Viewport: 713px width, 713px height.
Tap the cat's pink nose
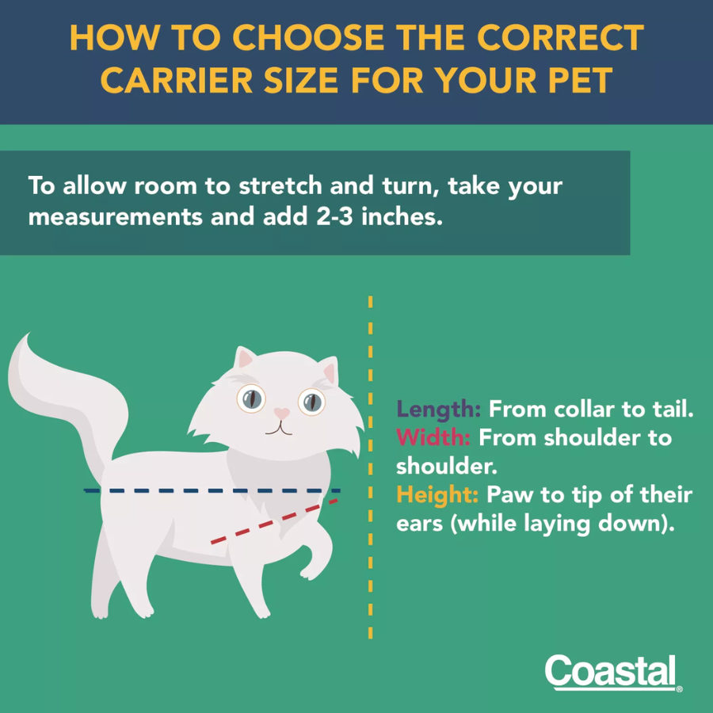click(x=281, y=413)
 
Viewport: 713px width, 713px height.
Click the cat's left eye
click(x=251, y=398)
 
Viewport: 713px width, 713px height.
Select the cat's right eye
click(x=311, y=402)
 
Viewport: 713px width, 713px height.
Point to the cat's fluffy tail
click(x=68, y=400)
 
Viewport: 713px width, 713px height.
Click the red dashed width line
click(x=274, y=521)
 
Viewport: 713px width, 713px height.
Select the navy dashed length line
click(x=212, y=490)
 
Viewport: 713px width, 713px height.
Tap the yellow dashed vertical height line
click(x=370, y=467)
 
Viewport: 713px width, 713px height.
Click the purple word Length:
click(x=438, y=410)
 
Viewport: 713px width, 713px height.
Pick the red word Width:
click(x=433, y=437)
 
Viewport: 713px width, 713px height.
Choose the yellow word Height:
click(x=437, y=494)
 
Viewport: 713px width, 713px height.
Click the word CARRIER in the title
click(x=176, y=79)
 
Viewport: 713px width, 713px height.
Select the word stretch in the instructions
click(x=280, y=185)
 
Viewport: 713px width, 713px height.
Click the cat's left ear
click(x=245, y=357)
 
